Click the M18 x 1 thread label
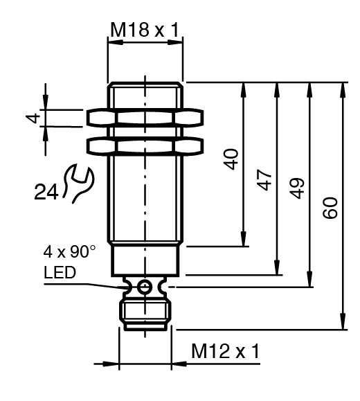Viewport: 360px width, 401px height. pyautogui.click(x=145, y=30)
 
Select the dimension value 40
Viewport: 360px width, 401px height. pyautogui.click(x=231, y=159)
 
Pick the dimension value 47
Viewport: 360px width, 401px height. pyautogui.click(x=264, y=180)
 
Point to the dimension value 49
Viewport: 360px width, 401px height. pyautogui.click(x=297, y=188)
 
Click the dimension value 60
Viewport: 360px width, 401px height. pyautogui.click(x=330, y=207)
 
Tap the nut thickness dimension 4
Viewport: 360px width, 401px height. pyautogui.click(x=33, y=118)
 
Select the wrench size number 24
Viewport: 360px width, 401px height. pyautogui.click(x=46, y=192)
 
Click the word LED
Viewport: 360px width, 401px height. pyautogui.click(x=60, y=272)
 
